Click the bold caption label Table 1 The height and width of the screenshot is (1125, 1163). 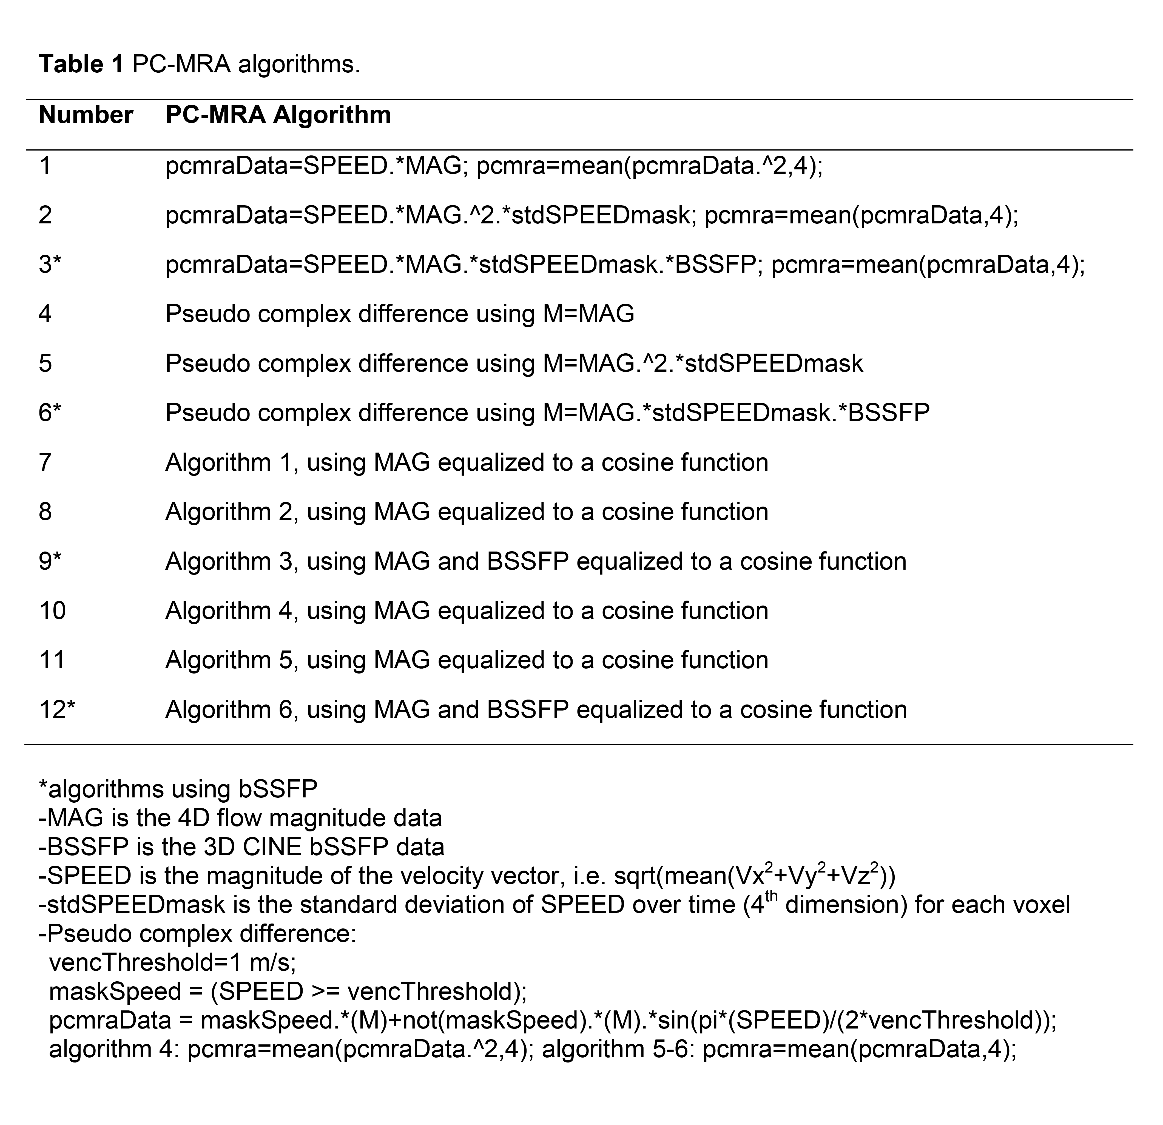81,64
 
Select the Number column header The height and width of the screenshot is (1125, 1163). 86,115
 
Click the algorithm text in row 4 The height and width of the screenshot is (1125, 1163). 399,313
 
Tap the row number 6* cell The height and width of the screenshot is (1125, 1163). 50,412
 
